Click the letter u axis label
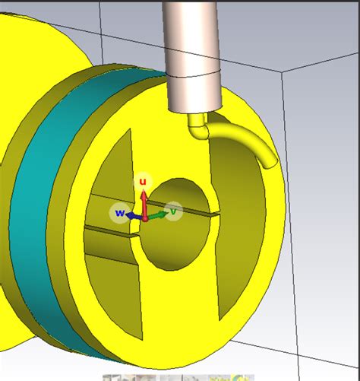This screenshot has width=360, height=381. coord(142,182)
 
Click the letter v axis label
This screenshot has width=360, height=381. coord(174,211)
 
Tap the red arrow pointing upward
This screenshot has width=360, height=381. coord(142,199)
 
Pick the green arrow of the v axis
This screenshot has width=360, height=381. coord(157,215)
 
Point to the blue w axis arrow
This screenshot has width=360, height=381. coord(133,215)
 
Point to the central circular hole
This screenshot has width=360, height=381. coord(178,228)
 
